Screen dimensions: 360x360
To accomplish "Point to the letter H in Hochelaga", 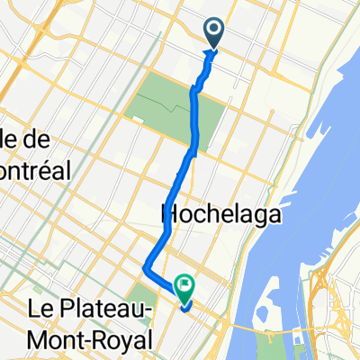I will click(167, 215).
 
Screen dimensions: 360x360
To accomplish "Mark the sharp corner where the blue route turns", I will click(146, 265).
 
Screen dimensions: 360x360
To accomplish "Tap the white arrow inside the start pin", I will click(215, 31).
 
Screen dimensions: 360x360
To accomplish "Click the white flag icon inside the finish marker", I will click(185, 287).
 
